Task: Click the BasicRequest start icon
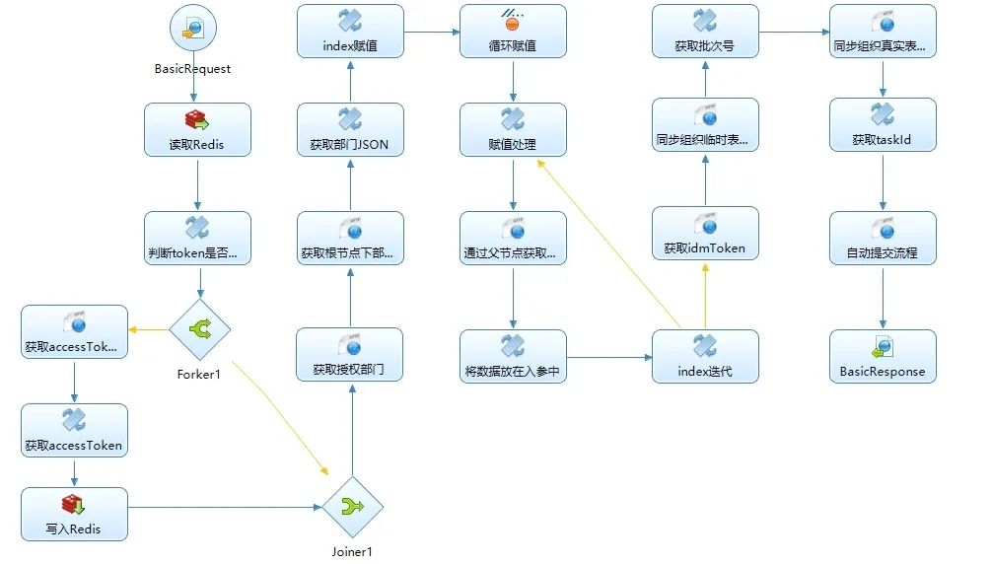(x=192, y=30)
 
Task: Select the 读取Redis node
(x=197, y=130)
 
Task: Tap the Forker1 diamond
(x=199, y=330)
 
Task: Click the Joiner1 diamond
(x=352, y=507)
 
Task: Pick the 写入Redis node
(x=74, y=515)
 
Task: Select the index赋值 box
(x=350, y=31)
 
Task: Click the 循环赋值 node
(x=513, y=31)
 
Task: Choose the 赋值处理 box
(x=513, y=130)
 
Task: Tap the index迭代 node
(x=705, y=357)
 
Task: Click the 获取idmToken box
(x=705, y=234)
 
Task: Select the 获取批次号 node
(x=705, y=31)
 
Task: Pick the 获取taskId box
(x=883, y=125)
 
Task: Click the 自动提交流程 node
(x=883, y=239)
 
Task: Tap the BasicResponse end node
(x=883, y=357)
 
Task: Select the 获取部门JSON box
(x=350, y=130)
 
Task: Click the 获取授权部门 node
(x=350, y=357)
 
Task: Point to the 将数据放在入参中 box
(x=513, y=357)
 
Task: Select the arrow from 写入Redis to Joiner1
(x=227, y=508)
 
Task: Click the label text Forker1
(x=199, y=375)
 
